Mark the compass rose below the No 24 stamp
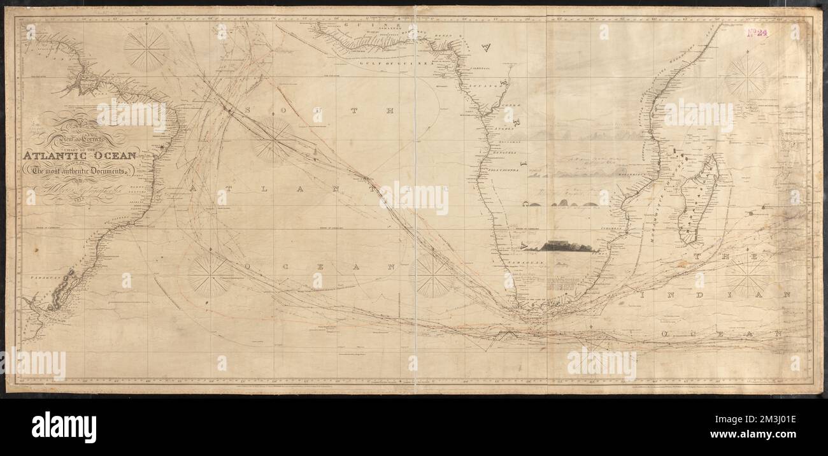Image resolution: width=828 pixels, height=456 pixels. [746, 78]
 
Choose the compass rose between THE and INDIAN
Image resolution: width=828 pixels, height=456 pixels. [746, 276]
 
